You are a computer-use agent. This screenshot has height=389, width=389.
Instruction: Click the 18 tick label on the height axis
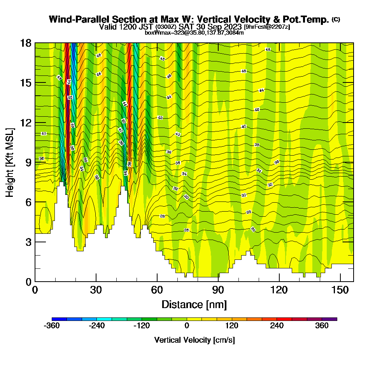pyautogui.click(x=26, y=43)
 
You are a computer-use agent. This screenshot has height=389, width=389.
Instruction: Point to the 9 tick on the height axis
pyautogui.click(x=35, y=162)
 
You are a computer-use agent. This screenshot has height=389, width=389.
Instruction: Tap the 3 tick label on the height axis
pyautogui.click(x=28, y=242)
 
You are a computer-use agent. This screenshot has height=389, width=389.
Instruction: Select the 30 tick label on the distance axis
pyautogui.click(x=96, y=291)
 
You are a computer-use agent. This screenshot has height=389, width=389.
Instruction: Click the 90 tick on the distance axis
pyautogui.click(x=218, y=281)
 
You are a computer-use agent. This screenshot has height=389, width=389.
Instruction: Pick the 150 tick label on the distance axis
pyautogui.click(x=340, y=291)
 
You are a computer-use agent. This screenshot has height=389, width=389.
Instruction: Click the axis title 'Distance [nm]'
pyautogui.click(x=194, y=304)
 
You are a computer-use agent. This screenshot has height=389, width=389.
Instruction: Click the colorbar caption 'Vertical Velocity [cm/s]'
pyautogui.click(x=194, y=340)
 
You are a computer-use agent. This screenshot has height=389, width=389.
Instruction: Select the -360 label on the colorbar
pyautogui.click(x=52, y=326)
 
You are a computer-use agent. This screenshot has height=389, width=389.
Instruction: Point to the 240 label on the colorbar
pyautogui.click(x=277, y=326)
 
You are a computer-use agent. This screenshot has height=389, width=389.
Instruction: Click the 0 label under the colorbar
pyautogui.click(x=187, y=326)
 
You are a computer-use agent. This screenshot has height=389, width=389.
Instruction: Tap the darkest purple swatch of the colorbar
pyautogui.click(x=333, y=319)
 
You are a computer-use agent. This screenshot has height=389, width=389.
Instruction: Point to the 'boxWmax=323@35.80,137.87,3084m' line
pyautogui.click(x=194, y=33)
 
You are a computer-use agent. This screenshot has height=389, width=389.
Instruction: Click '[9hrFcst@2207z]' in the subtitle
pyautogui.click(x=266, y=27)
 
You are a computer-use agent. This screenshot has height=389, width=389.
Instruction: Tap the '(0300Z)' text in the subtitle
pyautogui.click(x=166, y=27)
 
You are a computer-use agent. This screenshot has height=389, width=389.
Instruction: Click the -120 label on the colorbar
pyautogui.click(x=142, y=326)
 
